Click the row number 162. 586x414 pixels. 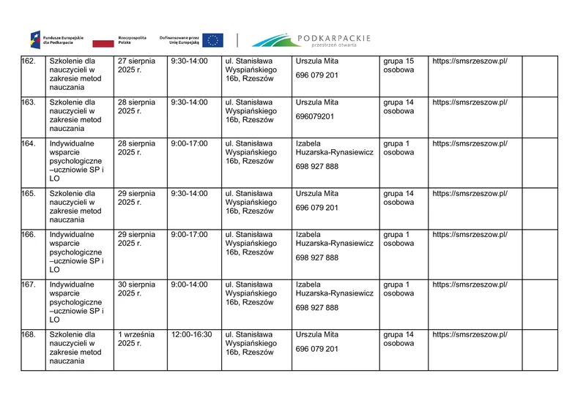(x=29, y=61)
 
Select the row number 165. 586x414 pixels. (x=29, y=194)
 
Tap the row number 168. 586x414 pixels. (x=29, y=334)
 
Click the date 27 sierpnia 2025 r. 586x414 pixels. (x=137, y=65)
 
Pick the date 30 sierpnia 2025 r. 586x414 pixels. (x=137, y=289)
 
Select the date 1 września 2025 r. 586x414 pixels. (x=137, y=339)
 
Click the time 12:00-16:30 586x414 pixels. (x=191, y=334)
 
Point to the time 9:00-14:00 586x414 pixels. (x=189, y=285)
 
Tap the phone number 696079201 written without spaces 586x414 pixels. (x=315, y=116)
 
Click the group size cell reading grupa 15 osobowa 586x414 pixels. (x=399, y=65)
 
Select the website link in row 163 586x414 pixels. (x=470, y=102)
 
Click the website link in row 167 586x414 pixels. (x=470, y=285)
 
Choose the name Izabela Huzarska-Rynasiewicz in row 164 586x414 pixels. (x=335, y=148)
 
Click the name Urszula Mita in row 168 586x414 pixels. (x=316, y=334)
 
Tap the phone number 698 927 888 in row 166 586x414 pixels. (x=317, y=257)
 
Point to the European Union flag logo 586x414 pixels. (x=213, y=39)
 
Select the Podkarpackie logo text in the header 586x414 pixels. (x=334, y=37)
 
